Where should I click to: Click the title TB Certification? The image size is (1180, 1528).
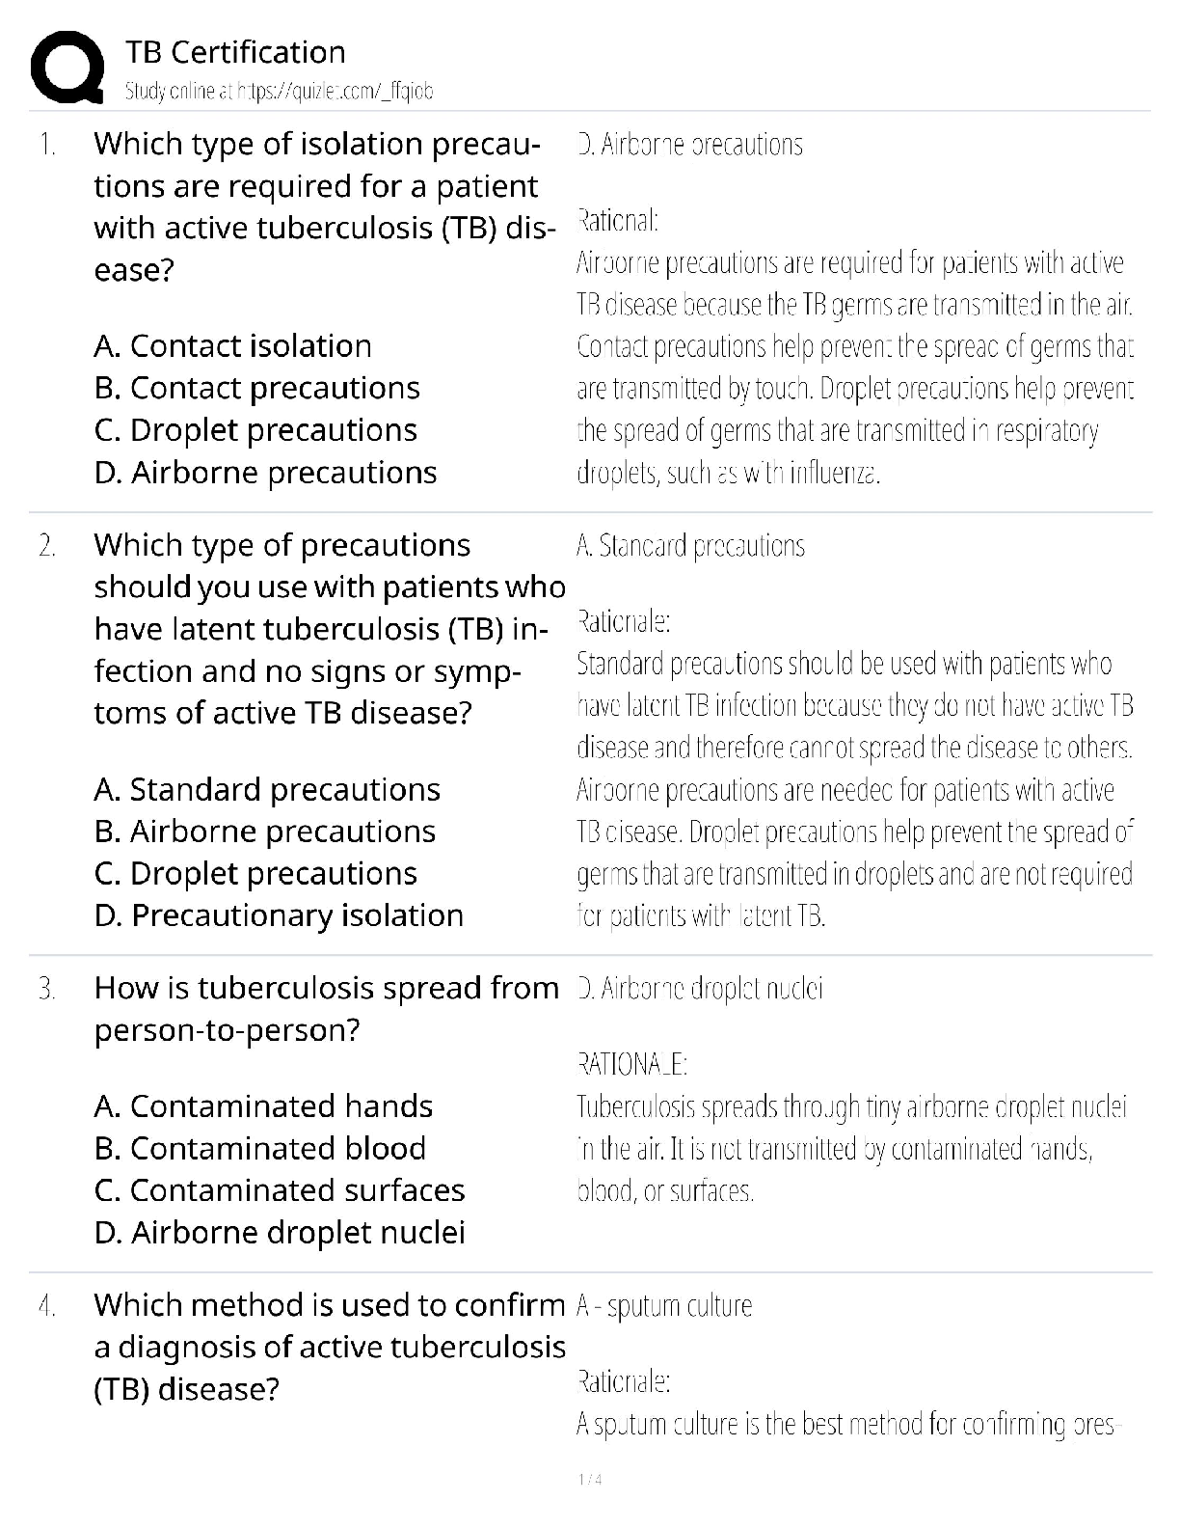pos(235,52)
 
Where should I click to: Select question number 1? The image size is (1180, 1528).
pos(46,145)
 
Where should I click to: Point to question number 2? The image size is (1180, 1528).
pos(46,546)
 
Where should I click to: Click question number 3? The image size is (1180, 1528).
pos(46,989)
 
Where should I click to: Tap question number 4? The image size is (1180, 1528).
pos(46,1306)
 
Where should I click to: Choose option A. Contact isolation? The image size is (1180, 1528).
pos(232,345)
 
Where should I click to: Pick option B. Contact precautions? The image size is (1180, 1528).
pos(256,388)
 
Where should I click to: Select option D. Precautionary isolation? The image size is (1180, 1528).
pos(279,914)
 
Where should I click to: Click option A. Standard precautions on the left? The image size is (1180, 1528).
pos(267,789)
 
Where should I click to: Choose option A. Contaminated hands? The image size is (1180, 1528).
pos(263,1105)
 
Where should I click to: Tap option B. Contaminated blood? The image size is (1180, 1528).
pos(260,1148)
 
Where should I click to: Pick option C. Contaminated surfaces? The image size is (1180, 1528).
pos(280,1190)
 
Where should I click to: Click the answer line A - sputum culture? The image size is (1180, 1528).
pos(664,1306)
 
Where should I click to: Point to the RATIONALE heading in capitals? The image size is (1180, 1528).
pos(631,1065)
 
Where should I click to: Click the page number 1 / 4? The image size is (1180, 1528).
pos(589,1480)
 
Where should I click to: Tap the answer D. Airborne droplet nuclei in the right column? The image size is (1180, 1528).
pos(700,989)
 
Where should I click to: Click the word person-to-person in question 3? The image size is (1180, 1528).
pos(227,1030)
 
